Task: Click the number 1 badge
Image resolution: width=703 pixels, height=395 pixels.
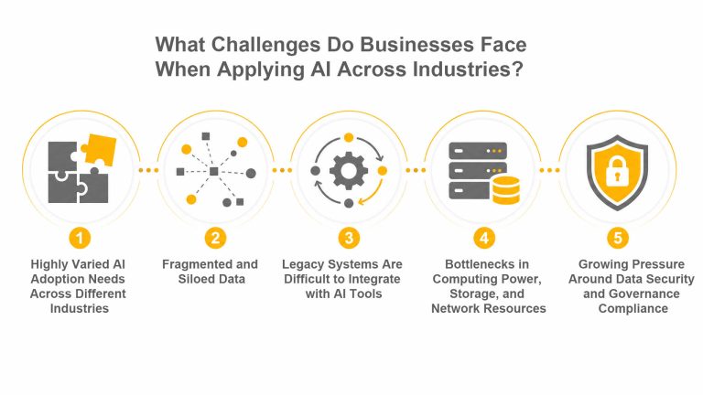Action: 80,238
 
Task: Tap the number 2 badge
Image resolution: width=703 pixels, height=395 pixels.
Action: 215,238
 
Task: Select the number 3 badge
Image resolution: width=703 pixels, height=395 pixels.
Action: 349,238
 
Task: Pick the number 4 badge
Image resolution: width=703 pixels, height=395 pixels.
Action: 484,238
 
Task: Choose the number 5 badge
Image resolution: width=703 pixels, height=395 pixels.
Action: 618,238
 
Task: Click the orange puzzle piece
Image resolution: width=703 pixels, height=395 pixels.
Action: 99,149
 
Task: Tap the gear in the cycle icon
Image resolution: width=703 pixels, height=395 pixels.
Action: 349,171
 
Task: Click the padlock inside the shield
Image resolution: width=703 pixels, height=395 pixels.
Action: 617,172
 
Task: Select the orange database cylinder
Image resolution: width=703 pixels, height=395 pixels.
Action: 506,190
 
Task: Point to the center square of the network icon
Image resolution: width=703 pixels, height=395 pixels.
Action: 214,171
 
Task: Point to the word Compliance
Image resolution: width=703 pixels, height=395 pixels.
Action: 633,309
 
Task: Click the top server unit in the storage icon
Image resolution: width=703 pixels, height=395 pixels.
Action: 478,151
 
